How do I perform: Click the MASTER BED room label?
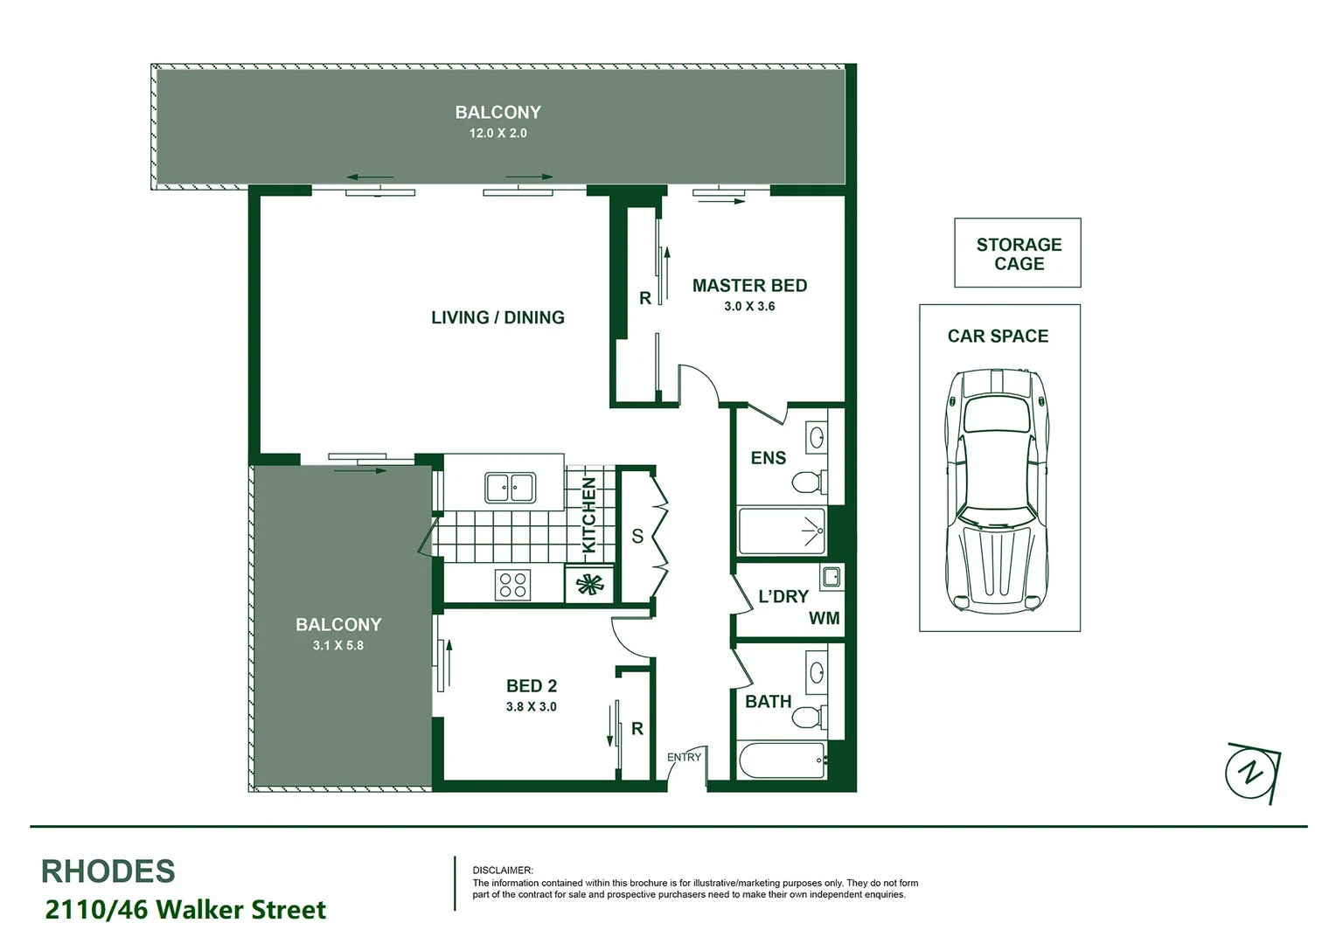point(749,286)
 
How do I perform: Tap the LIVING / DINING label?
point(498,317)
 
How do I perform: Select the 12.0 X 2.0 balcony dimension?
point(498,134)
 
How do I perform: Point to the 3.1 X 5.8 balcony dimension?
point(337,646)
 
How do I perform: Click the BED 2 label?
point(531,686)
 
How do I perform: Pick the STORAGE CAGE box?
point(1018,253)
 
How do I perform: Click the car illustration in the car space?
point(998,489)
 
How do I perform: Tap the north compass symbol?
point(1253,772)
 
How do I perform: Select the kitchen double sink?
point(511,488)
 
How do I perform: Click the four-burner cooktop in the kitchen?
point(512,584)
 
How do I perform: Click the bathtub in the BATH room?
point(782,760)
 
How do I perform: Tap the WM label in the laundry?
point(824,619)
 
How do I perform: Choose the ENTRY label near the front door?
point(684,757)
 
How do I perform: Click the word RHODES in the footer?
point(108,871)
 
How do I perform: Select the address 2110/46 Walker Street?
point(185,910)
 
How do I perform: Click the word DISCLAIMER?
point(502,871)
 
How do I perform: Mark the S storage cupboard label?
point(637,536)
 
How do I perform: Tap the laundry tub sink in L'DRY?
point(831,577)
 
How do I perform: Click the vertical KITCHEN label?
point(589,515)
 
